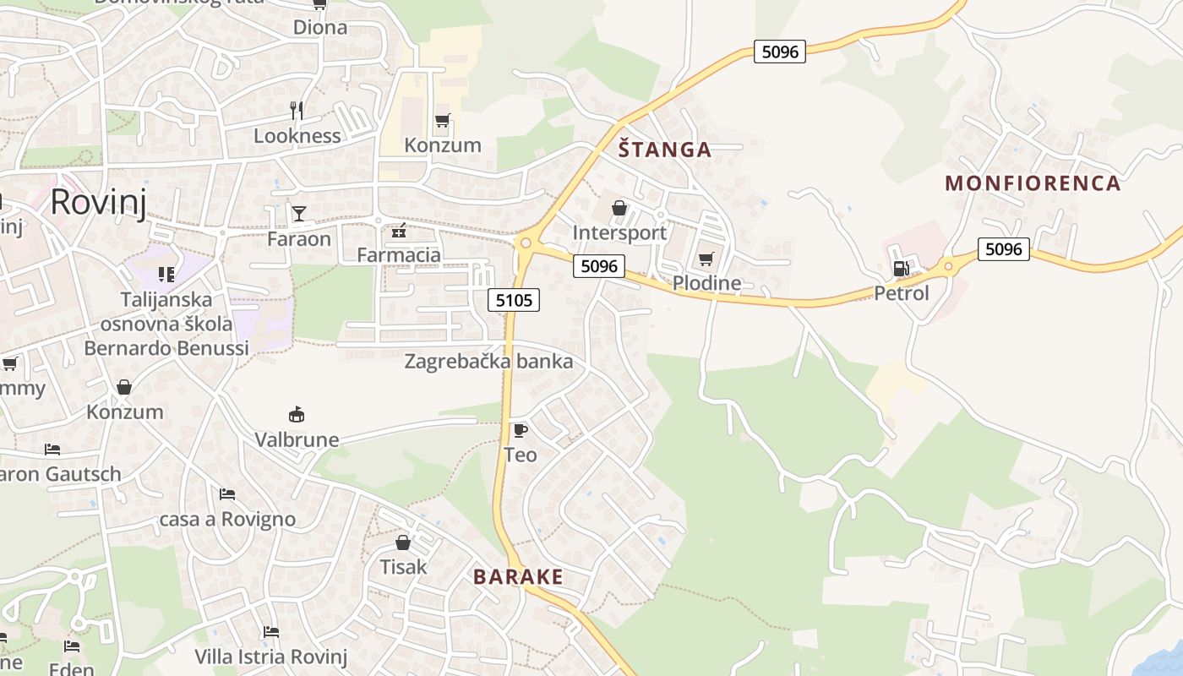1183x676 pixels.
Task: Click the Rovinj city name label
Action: click(98, 203)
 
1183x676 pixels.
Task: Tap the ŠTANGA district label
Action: click(664, 150)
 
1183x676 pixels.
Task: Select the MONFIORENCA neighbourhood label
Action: click(1033, 183)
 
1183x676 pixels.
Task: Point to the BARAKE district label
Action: click(518, 577)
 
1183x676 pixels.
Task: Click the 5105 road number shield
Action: click(514, 299)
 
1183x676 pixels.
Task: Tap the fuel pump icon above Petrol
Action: click(901, 269)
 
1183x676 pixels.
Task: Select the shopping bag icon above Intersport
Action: click(619, 208)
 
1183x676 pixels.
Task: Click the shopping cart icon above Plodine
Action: click(706, 259)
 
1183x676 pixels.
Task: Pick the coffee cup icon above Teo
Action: click(521, 430)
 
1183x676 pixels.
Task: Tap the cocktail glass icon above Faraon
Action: click(299, 213)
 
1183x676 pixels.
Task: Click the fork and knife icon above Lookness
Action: click(297, 110)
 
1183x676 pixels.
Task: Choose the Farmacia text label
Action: click(399, 255)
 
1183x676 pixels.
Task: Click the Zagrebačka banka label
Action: click(488, 362)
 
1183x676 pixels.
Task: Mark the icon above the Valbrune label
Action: click(297, 414)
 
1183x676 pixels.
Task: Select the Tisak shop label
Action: click(403, 567)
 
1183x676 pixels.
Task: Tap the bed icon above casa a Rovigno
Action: click(226, 493)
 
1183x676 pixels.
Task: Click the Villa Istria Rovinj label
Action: click(270, 657)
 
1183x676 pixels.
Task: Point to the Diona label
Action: click(319, 27)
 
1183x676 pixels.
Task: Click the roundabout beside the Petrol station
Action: click(948, 266)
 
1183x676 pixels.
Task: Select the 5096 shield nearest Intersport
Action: click(599, 266)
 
